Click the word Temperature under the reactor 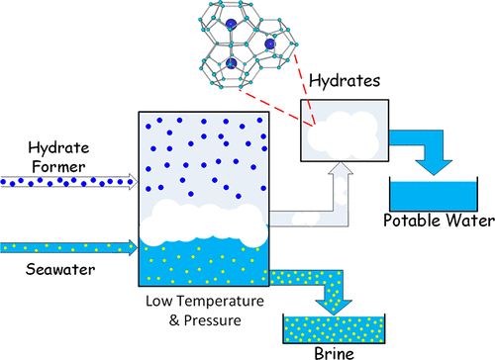219,301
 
